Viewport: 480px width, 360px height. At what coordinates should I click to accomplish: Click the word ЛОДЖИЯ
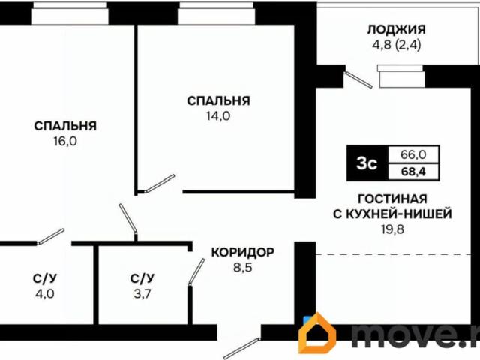396,30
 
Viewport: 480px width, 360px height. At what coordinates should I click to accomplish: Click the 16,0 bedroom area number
65,140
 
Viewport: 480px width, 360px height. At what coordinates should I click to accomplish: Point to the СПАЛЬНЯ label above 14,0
218,100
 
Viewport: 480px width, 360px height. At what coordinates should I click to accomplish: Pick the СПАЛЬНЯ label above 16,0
65,125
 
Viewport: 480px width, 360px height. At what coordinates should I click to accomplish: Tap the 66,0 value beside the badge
413,155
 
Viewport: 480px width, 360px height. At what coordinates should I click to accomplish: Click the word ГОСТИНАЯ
392,199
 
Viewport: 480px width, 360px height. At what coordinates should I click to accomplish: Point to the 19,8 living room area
392,229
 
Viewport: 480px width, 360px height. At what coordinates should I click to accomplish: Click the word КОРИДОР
242,251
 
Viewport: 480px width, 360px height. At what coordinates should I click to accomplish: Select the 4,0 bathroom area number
45,293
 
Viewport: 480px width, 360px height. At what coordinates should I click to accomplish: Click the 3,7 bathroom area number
142,293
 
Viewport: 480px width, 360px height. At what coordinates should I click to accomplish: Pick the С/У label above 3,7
142,278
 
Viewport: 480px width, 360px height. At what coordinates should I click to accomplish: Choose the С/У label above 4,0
45,278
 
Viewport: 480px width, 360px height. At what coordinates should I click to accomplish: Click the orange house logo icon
317,334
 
